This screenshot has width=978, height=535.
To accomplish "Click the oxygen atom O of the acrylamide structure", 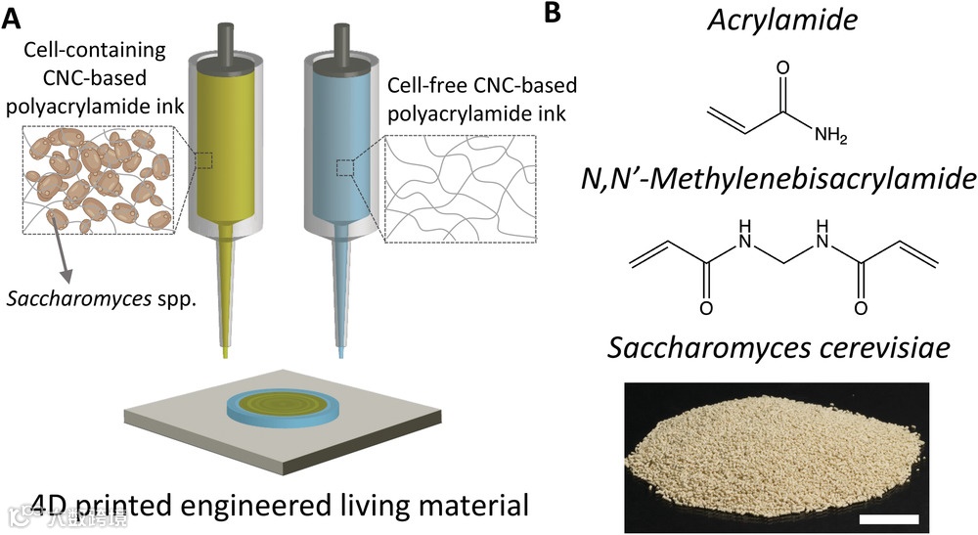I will [781, 69].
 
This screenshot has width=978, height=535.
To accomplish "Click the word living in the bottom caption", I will [386, 507].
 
